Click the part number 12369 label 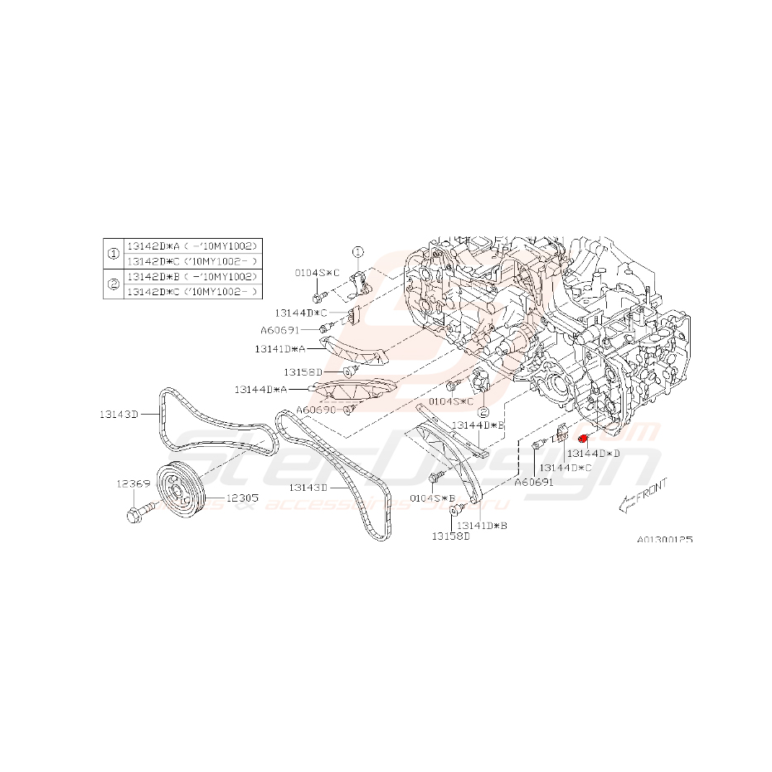133,483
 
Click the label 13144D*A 260,389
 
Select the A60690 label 316,410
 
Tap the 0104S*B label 433,498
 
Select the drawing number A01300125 664,539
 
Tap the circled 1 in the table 112,254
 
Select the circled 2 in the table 112,284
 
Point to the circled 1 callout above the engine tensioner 357,251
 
